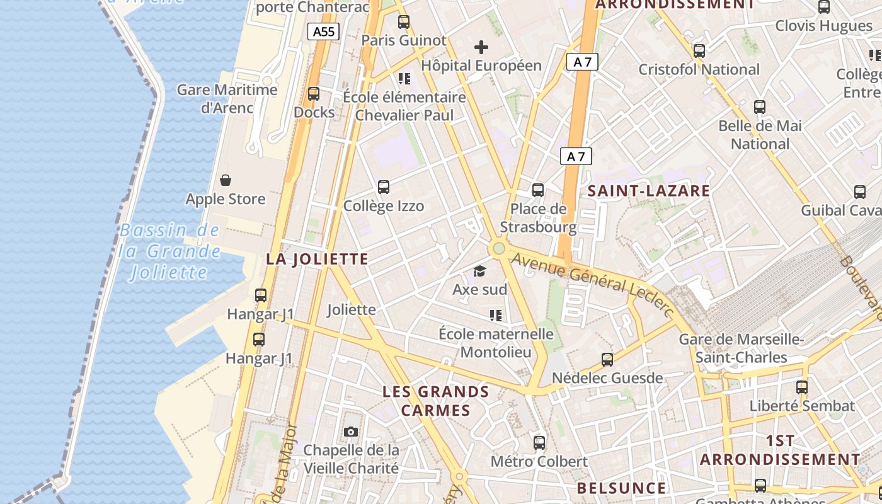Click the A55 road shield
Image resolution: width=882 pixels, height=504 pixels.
[x=324, y=31]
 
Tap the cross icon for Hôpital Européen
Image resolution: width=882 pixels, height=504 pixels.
[x=481, y=47]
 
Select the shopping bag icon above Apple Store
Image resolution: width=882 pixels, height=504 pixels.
[x=226, y=180]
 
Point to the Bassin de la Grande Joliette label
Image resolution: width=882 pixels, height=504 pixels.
[x=169, y=251]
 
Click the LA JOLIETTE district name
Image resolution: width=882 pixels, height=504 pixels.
[x=317, y=259]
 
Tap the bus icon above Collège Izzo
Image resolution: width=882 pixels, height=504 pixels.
[x=383, y=187]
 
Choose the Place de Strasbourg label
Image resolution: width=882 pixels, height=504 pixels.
[x=538, y=218]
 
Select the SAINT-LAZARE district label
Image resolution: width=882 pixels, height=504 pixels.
[x=649, y=191]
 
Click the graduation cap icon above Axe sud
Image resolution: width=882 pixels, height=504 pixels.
[x=480, y=272]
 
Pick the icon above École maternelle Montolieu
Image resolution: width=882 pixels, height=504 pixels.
[x=495, y=315]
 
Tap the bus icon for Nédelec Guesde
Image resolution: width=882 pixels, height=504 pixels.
[x=607, y=360]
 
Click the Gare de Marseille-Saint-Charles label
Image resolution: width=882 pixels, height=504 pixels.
[x=741, y=348]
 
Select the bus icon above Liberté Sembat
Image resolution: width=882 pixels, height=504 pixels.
[x=801, y=387]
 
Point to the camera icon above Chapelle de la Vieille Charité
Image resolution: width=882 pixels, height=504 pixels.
[x=351, y=432]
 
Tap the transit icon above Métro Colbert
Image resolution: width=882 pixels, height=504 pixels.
[x=539, y=442]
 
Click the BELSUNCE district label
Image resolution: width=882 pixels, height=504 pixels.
[x=621, y=488]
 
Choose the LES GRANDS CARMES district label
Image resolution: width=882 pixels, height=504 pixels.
[x=436, y=401]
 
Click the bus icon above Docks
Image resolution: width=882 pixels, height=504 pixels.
[x=314, y=94]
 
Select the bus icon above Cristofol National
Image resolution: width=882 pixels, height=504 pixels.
[x=699, y=51]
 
